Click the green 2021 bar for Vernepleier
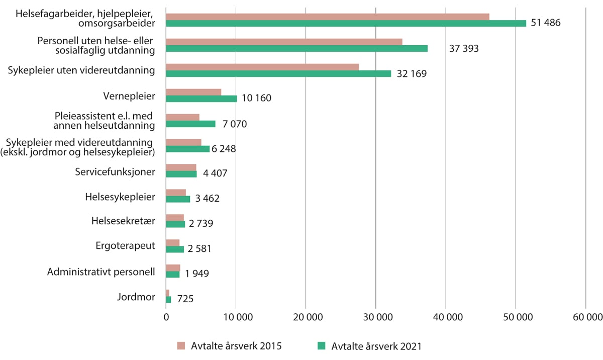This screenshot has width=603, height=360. [201, 99]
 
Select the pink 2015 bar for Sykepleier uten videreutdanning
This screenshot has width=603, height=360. [262, 67]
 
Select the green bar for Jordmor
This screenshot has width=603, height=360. [168, 300]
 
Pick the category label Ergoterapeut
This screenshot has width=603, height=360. [125, 246]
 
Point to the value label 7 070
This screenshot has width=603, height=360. [232, 124]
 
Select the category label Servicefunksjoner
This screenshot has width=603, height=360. [115, 171]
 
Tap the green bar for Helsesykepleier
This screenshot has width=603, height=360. [178, 199]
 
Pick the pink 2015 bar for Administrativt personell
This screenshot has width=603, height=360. [173, 268]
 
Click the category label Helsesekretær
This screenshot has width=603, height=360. [123, 221]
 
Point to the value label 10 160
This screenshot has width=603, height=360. [256, 99]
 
